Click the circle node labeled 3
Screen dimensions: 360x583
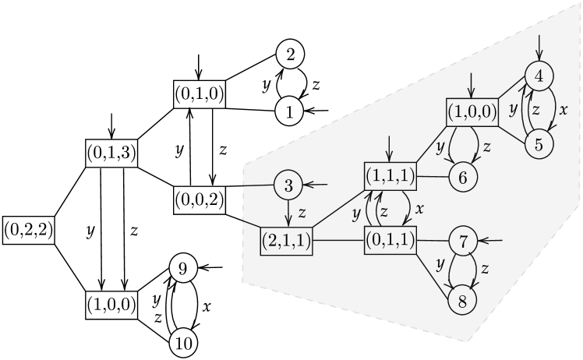click(288, 185)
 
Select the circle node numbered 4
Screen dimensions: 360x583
click(539, 76)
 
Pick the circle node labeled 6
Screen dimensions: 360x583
click(462, 178)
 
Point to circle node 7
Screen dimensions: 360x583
click(462, 242)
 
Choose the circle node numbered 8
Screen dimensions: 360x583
click(462, 301)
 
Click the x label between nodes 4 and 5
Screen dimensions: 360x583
click(564, 110)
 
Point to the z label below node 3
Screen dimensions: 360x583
click(302, 211)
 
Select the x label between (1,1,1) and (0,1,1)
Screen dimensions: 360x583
click(419, 209)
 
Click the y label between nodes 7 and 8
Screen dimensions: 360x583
click(440, 264)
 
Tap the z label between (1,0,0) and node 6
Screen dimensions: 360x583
click(486, 146)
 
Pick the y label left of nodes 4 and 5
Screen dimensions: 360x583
click(512, 110)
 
